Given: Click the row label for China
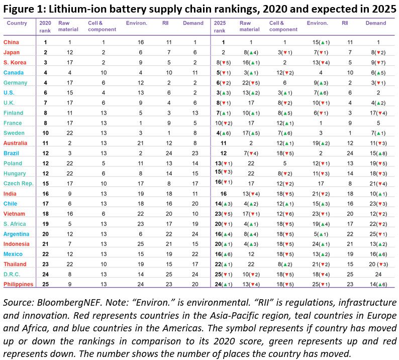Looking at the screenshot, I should [12, 43].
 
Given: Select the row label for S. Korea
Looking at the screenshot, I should [15, 62].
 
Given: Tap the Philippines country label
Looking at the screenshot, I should [18, 284].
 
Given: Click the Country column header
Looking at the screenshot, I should [17, 23].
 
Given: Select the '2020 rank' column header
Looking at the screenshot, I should [45, 26].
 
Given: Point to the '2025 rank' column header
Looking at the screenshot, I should [220, 26].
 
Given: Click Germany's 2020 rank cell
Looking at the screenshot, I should [45, 82].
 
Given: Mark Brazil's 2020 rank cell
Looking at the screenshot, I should [45, 153].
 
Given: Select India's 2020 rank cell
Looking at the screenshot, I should [45, 193].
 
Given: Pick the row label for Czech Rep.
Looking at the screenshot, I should [18, 183].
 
